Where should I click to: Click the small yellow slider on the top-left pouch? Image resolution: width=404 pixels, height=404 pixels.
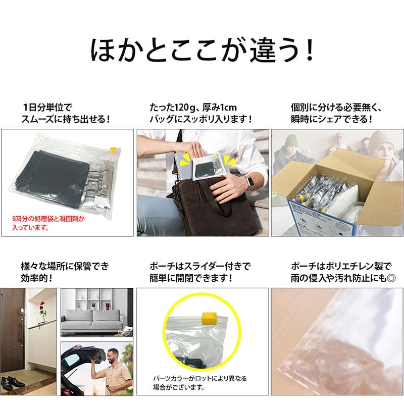pyautogui.click(x=113, y=149)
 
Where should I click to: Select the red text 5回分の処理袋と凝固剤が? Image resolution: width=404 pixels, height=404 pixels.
pyautogui.click(x=48, y=219)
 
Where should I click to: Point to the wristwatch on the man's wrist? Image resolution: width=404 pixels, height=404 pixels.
pyautogui.click(x=248, y=182)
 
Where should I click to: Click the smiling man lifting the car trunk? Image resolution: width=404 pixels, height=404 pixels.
pyautogui.click(x=115, y=372)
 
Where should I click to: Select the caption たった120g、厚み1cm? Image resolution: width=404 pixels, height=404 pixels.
pyautogui.click(x=193, y=108)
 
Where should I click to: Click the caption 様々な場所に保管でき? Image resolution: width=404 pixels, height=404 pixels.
pyautogui.click(x=65, y=266)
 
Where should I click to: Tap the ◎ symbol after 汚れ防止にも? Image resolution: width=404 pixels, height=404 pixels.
pyautogui.click(x=391, y=278)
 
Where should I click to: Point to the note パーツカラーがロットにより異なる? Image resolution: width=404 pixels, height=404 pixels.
pyautogui.click(x=200, y=378)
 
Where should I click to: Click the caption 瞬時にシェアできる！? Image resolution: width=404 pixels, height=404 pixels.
pyautogui.click(x=332, y=119)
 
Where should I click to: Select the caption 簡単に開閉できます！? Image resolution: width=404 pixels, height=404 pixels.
pyautogui.click(x=191, y=278)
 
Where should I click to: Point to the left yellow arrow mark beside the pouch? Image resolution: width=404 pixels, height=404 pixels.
pyautogui.click(x=184, y=160)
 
